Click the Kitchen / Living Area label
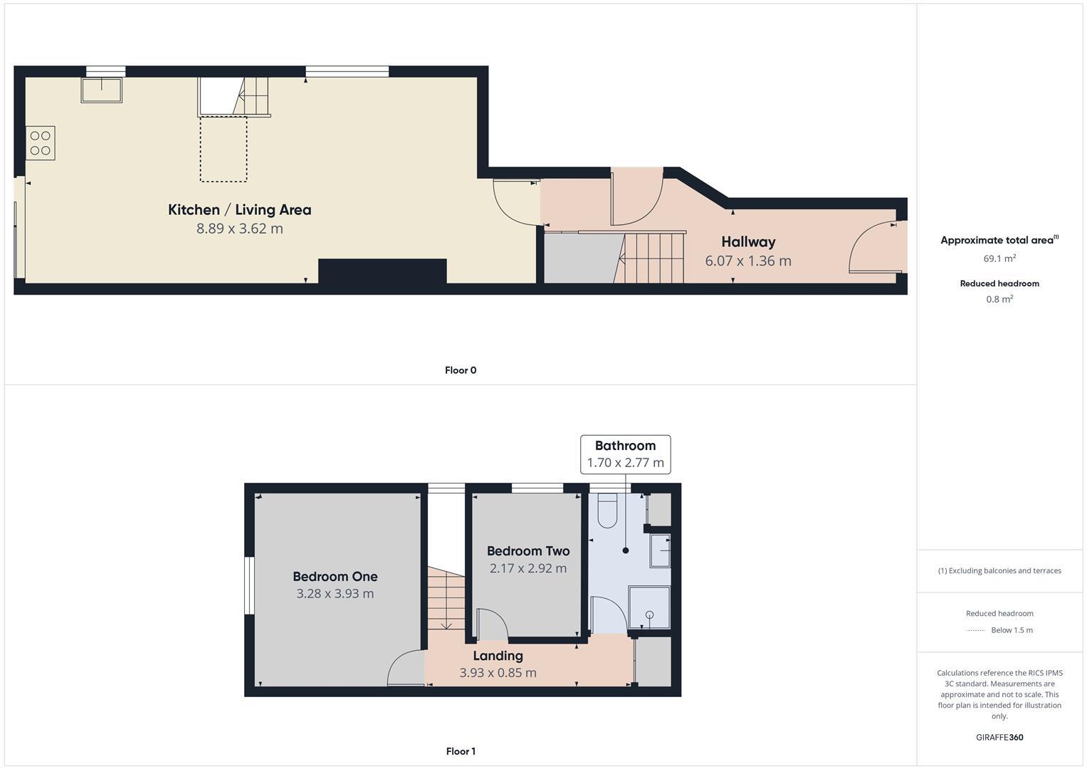pyautogui.click(x=239, y=209)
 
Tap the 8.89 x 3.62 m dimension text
pyautogui.click(x=239, y=229)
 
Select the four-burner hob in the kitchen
pyautogui.click(x=41, y=142)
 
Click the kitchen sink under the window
pyautogui.click(x=101, y=90)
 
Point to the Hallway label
pyautogui.click(x=747, y=241)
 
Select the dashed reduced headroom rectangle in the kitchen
pyautogui.click(x=224, y=149)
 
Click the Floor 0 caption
pyautogui.click(x=460, y=370)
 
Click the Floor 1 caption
pyautogui.click(x=460, y=751)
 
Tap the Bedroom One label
pyautogui.click(x=335, y=576)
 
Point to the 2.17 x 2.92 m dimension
pyautogui.click(x=527, y=568)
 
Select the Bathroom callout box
pyautogui.click(x=625, y=454)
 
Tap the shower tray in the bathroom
pyautogui.click(x=648, y=607)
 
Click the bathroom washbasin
pyautogui.click(x=660, y=550)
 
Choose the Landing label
pyautogui.click(x=498, y=656)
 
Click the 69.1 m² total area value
pyautogui.click(x=999, y=258)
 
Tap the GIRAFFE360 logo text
pyautogui.click(x=999, y=738)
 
